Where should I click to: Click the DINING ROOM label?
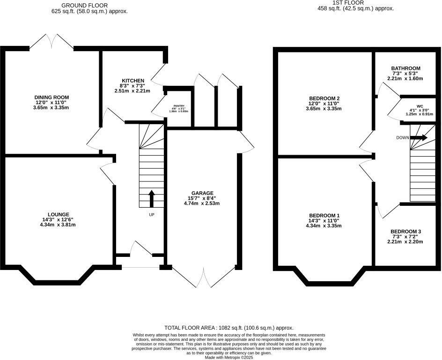[52, 97]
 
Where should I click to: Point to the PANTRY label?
[179, 106]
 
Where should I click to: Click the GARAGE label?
[202, 193]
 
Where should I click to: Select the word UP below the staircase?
[151, 215]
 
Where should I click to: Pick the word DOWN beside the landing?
[403, 138]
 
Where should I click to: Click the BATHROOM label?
[405, 68]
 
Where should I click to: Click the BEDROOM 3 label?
[405, 232]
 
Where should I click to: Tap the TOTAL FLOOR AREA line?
[229, 328]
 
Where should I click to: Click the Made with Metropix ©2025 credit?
[229, 358]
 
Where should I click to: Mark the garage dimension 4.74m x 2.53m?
[202, 203]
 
